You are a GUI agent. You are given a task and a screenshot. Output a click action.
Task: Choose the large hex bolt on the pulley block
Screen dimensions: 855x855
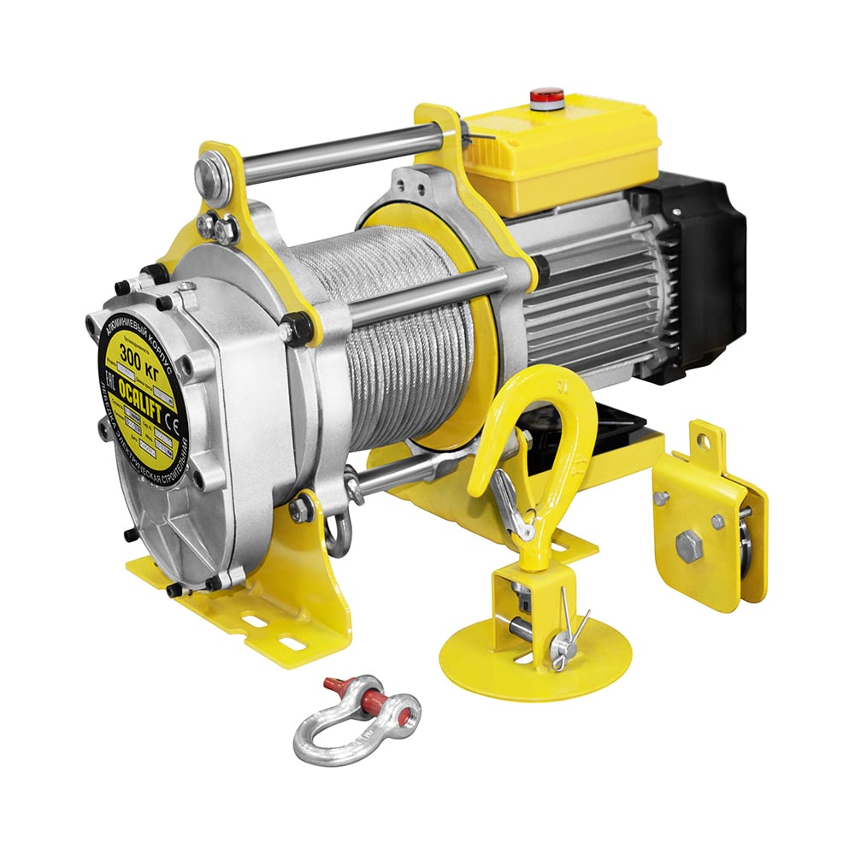[x=689, y=545]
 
